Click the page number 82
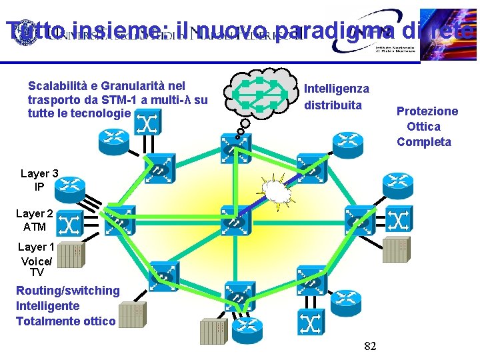coord(371,346)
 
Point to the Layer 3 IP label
coord(39,180)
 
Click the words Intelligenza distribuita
coord(337,97)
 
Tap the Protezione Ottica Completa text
coord(427,126)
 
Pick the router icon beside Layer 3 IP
coord(70,187)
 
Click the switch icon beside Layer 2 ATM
coord(70,225)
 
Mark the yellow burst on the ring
coord(277,191)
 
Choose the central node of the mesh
coord(235,216)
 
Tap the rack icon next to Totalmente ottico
coord(131,315)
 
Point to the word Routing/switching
coord(67,291)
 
